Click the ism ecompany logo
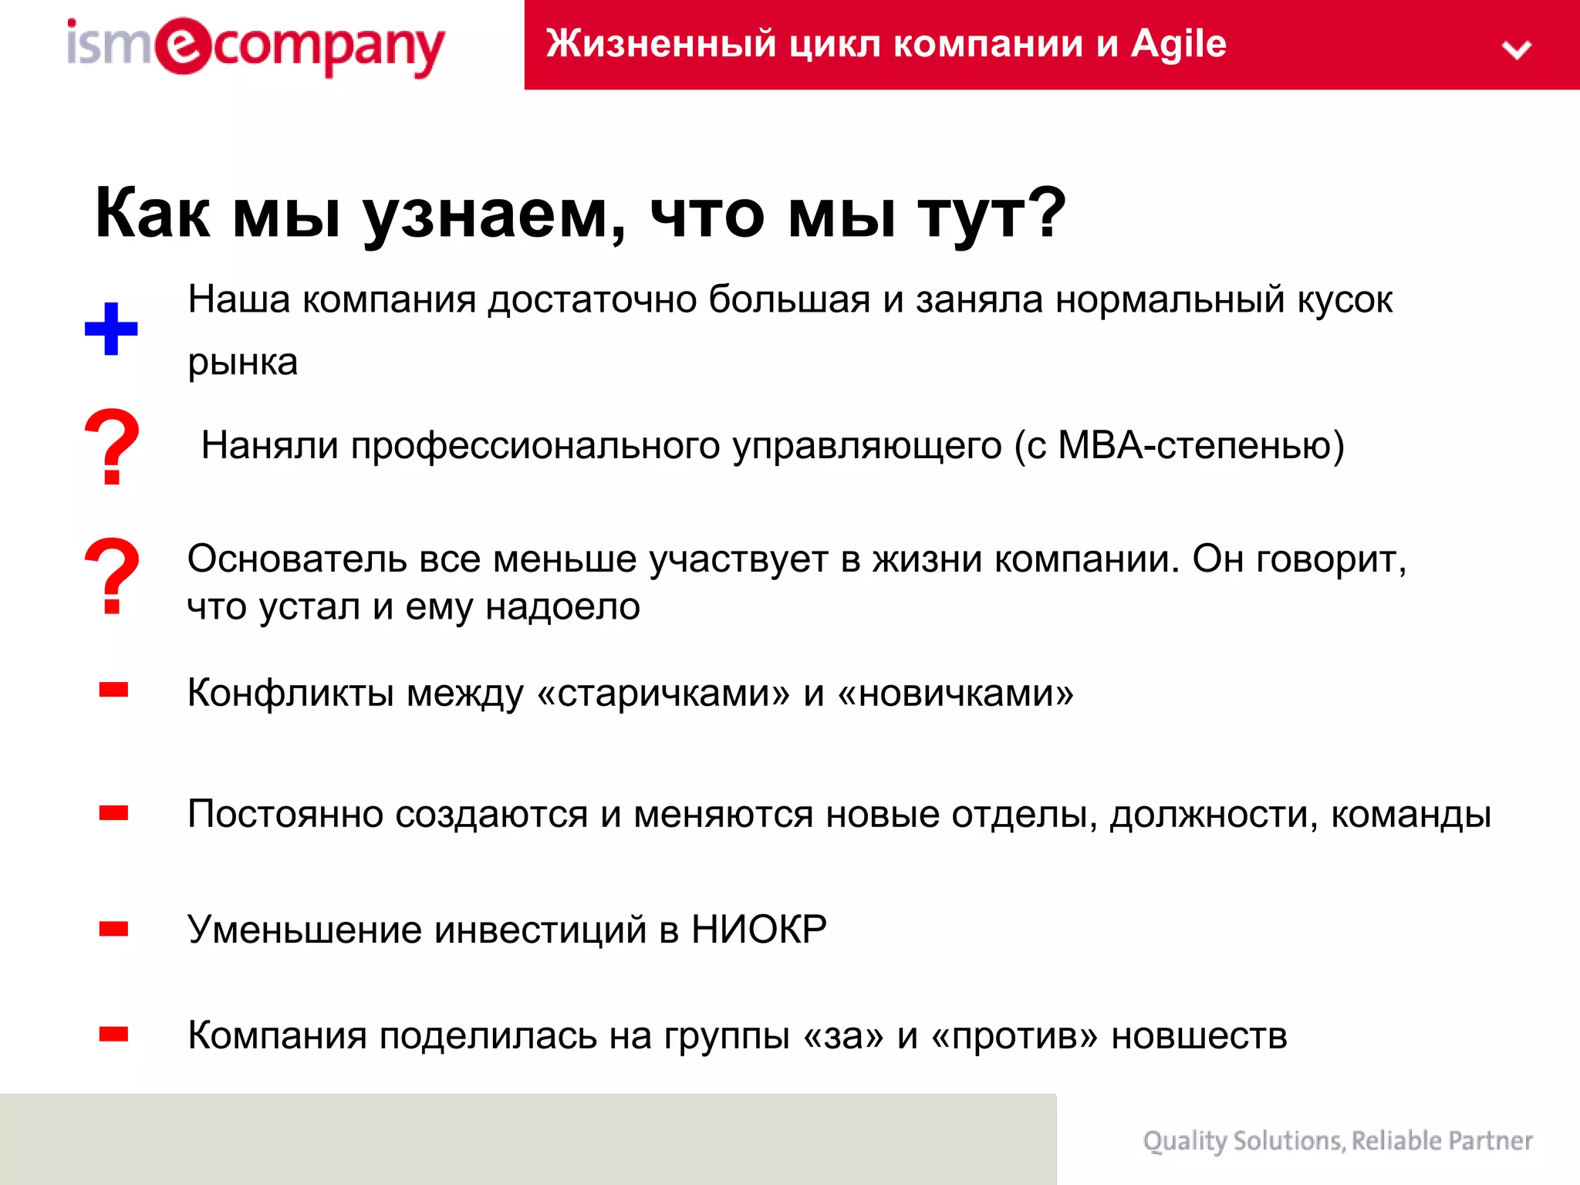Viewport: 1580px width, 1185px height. pyautogui.click(x=255, y=47)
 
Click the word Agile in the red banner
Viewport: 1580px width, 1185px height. pyautogui.click(x=1178, y=44)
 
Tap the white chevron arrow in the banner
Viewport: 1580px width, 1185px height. pyautogui.click(x=1517, y=50)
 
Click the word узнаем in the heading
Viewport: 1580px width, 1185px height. pyautogui.click(x=494, y=215)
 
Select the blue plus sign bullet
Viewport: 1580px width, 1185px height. pyautogui.click(x=111, y=329)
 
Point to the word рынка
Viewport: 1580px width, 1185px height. pyautogui.click(x=242, y=363)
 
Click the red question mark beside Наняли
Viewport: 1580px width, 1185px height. pyautogui.click(x=112, y=447)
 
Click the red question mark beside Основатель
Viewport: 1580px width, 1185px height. pyautogui.click(x=112, y=576)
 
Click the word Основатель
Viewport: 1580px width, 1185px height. pyautogui.click(x=297, y=559)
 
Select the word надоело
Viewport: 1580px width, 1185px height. pyautogui.click(x=562, y=607)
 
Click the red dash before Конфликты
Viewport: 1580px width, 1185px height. pyautogui.click(x=113, y=690)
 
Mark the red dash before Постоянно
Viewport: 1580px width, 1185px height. pyautogui.click(x=113, y=813)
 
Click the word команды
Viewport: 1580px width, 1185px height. pyautogui.click(x=1411, y=815)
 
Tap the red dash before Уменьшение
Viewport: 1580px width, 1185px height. pyautogui.click(x=113, y=930)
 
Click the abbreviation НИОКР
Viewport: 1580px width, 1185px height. pyautogui.click(x=759, y=930)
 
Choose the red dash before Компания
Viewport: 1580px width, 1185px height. pyautogui.click(x=113, y=1035)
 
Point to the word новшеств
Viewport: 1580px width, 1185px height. pyautogui.click(x=1199, y=1036)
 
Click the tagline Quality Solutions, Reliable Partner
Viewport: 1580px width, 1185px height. pyautogui.click(x=1337, y=1141)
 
